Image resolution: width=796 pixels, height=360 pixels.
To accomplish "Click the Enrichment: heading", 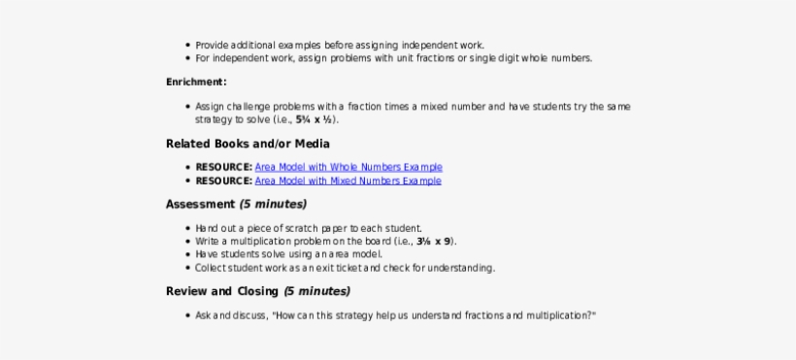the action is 196,82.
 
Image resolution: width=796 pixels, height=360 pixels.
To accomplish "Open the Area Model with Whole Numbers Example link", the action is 348,167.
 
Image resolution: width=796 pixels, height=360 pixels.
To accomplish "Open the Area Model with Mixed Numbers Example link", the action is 348,180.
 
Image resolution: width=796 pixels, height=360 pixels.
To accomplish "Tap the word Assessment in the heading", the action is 200,205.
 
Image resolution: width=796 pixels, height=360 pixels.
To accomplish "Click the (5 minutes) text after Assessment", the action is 273,205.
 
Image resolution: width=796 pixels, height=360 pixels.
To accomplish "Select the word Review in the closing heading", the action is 185,291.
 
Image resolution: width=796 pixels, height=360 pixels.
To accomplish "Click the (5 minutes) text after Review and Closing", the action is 316,291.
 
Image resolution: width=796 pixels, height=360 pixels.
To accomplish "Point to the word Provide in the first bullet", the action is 210,45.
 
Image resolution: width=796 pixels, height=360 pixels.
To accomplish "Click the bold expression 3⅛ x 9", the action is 434,242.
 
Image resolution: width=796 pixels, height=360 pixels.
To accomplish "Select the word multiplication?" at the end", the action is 561,315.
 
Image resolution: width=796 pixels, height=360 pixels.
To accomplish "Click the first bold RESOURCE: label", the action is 224,167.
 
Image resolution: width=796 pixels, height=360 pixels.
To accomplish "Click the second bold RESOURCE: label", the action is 224,180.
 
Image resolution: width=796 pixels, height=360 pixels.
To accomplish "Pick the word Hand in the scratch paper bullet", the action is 206,228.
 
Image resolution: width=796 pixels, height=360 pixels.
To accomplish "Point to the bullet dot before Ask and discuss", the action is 186,316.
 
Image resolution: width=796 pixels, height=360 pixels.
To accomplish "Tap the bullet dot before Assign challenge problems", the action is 186,107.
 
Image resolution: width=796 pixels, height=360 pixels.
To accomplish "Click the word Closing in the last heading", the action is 257,291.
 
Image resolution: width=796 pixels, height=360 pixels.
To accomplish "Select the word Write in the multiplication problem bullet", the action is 207,242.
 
